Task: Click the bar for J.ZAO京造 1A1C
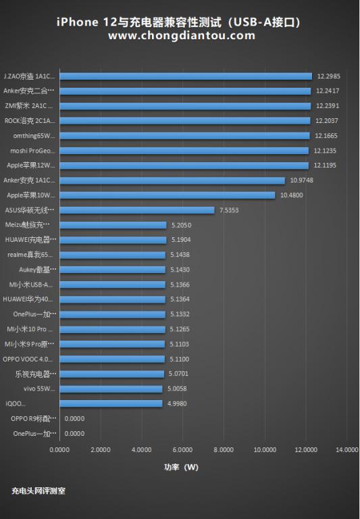coord(186,76)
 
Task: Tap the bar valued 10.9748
coord(172,180)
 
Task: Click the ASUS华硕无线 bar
coord(137,210)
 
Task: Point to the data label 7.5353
coord(228,210)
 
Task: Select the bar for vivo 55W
coord(111,389)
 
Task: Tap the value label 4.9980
coord(177,403)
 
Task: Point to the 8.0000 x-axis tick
coord(224,449)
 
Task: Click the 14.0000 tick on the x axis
coord(346,449)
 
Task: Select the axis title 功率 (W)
coord(181,467)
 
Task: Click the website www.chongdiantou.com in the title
coord(181,35)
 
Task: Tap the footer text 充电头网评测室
coord(38,491)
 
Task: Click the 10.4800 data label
coord(289,195)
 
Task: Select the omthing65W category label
coord(34,136)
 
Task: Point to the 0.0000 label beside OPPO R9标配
coord(74,418)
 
